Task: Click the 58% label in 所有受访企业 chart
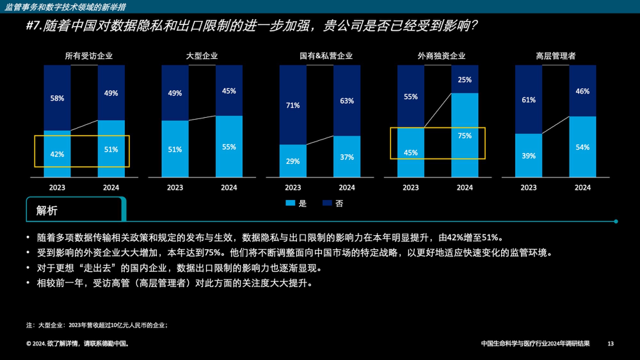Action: tap(57, 98)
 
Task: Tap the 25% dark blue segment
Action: tap(465, 79)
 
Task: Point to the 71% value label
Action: tap(293, 105)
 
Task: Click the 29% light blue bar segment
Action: tap(293, 161)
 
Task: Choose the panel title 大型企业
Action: tap(202, 56)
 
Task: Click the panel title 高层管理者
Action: tap(556, 56)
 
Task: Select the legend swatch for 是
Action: tap(290, 203)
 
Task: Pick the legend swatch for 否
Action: tap(327, 203)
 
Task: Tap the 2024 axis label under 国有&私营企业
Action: tap(347, 188)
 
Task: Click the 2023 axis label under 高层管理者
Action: tap(528, 188)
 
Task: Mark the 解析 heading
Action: tap(47, 211)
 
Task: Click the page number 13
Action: tap(611, 344)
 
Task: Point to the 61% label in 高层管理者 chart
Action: tap(528, 100)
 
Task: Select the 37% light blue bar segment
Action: tap(347, 157)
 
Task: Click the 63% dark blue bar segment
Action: tap(347, 101)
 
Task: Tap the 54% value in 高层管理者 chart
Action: tap(582, 147)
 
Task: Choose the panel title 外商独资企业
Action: tap(441, 56)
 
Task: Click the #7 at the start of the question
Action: tap(33, 26)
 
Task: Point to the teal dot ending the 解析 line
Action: tap(616, 221)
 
